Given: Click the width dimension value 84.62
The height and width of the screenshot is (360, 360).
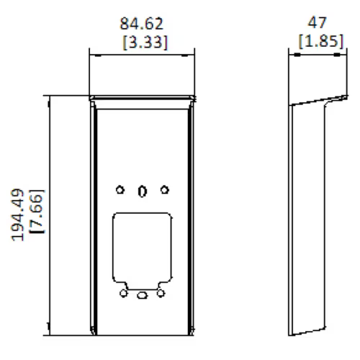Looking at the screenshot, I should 142,25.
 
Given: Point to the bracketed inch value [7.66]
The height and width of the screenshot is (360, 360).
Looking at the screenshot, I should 37,215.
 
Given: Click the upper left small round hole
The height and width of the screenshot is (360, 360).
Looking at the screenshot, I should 120,190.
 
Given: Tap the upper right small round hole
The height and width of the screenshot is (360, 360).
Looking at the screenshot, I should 165,190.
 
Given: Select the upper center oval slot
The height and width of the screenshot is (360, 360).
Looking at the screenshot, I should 143,191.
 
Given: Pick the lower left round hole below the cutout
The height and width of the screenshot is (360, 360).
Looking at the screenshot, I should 124,294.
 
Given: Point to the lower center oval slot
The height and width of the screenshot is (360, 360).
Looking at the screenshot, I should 143,294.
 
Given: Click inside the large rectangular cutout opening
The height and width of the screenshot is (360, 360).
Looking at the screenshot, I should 143,245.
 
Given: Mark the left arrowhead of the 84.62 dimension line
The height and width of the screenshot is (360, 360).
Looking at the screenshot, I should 91,52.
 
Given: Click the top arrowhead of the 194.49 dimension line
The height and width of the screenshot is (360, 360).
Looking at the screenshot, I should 48,98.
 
